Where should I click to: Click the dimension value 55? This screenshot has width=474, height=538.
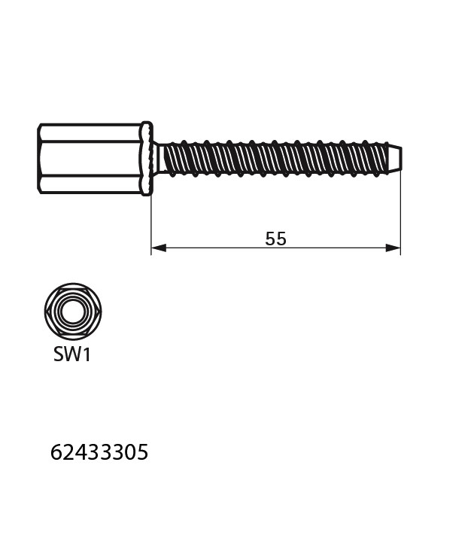tap(275, 239)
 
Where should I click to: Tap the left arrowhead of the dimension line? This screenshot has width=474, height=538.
tap(159, 248)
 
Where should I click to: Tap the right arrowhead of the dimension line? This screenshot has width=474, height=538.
tap(393, 248)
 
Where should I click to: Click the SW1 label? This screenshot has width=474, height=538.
tap(72, 354)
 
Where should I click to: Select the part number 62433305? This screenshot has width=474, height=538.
tap(99, 452)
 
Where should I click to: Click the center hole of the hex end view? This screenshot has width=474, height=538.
tap(73, 312)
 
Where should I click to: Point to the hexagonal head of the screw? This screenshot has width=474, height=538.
tap(90, 159)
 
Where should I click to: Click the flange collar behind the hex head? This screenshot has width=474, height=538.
tap(147, 159)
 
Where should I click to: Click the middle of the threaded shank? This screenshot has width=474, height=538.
tap(275, 159)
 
